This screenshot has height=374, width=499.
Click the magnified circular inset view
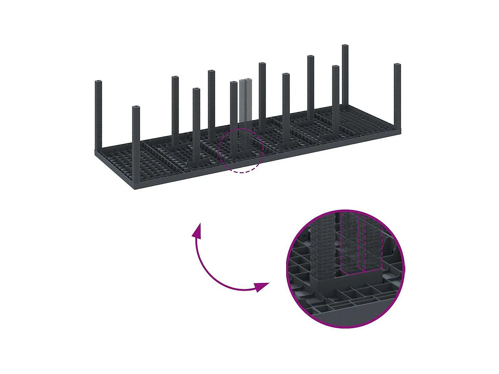345,269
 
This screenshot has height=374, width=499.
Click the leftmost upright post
98,114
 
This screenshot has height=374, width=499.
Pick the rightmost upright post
397,95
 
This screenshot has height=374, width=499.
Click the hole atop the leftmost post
98,82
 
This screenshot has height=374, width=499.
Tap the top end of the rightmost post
397,65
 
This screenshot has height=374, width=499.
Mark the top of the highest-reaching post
345,46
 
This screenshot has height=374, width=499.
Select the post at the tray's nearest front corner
136,145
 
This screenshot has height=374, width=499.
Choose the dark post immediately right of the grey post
262,95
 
